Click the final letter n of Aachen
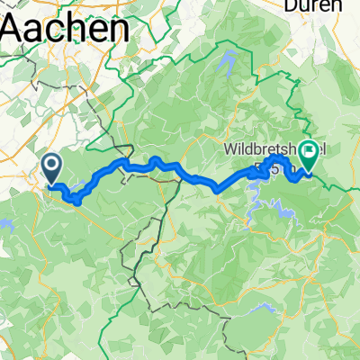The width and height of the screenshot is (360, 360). [114, 32]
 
